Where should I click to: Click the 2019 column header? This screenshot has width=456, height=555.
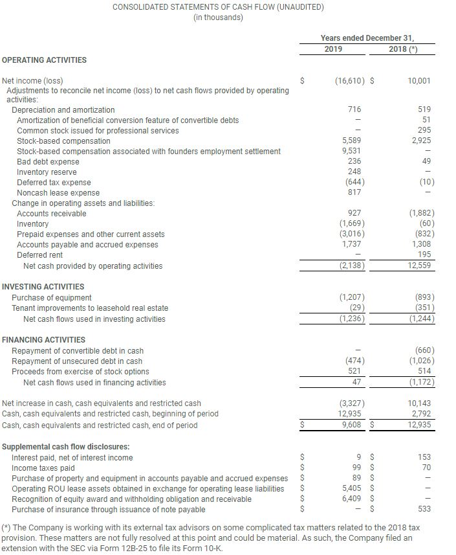click(334, 49)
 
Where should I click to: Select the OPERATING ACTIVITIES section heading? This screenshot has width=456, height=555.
click(45, 60)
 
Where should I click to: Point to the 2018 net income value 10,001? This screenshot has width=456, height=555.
click(420, 81)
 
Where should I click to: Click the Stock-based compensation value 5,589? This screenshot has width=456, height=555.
click(351, 141)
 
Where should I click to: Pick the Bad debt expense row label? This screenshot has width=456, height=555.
click(48, 162)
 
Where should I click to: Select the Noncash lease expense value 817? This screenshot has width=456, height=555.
click(355, 193)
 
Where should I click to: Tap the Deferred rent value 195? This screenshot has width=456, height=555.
click(425, 255)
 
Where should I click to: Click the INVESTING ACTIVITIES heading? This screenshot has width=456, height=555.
click(43, 286)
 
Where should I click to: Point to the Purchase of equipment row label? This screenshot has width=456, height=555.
click(52, 298)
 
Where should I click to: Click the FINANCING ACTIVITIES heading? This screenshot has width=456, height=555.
click(43, 339)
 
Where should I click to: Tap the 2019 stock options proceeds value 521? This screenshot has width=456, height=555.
click(355, 372)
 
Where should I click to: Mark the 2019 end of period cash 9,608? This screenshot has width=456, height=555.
click(351, 425)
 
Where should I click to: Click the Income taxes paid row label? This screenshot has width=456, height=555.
click(43, 468)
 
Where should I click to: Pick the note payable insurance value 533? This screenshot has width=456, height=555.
click(425, 510)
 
